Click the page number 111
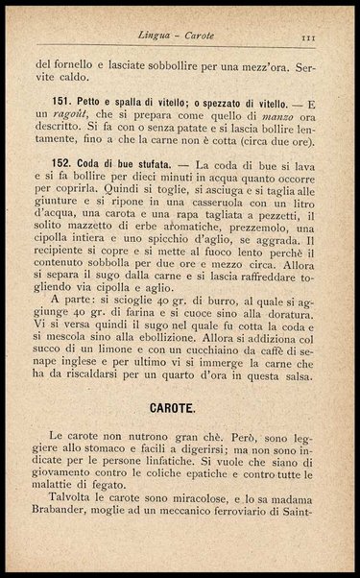tap(309, 36)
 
